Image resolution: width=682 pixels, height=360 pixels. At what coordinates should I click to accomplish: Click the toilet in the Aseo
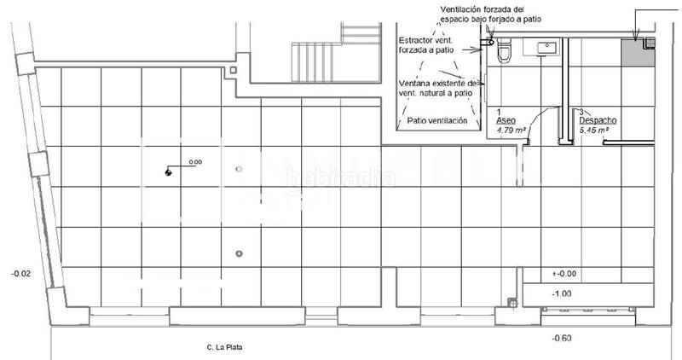(504, 50)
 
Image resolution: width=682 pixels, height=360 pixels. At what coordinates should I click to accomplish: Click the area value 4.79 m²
(511, 131)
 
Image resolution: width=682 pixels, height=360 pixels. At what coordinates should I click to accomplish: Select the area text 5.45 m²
(596, 131)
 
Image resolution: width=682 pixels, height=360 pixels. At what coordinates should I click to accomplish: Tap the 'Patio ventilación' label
(437, 121)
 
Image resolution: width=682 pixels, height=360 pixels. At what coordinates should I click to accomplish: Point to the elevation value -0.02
(20, 273)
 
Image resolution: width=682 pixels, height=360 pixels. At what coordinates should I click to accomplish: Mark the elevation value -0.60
(561, 339)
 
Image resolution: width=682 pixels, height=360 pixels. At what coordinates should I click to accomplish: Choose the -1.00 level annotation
(562, 293)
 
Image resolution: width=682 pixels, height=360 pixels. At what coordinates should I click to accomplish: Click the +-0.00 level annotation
(564, 274)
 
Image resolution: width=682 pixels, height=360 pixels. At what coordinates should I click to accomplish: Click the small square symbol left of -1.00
(511, 301)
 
